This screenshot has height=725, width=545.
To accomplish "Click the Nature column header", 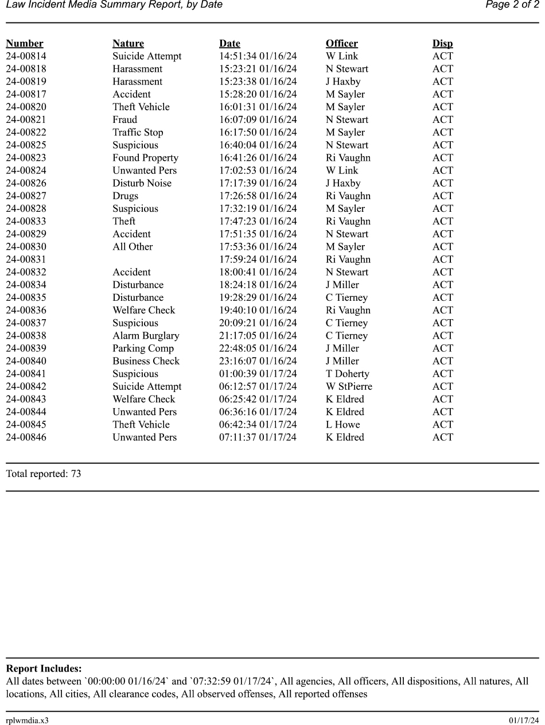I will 128,44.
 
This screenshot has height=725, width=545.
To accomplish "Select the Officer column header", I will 341,44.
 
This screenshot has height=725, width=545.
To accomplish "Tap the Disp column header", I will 442,44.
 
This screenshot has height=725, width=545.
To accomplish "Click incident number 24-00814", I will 26,56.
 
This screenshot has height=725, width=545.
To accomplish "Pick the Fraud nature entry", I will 124,120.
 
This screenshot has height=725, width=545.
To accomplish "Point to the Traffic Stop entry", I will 138,133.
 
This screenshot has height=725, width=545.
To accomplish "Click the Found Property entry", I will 145,158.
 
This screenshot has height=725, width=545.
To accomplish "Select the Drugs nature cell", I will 125,196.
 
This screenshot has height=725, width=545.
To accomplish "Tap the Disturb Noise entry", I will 142,183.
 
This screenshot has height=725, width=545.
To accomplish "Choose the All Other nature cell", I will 133,247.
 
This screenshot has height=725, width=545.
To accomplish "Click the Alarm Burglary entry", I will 146,336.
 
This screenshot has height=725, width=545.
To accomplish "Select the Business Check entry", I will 146,361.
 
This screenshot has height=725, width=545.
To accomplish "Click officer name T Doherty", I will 347,374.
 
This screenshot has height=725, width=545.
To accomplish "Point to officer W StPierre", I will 349,386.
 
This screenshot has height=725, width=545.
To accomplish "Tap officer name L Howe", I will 342,425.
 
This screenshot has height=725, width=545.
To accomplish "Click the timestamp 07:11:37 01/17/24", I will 258,437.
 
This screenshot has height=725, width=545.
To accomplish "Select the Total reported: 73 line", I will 43,474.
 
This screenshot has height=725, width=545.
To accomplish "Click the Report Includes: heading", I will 44,669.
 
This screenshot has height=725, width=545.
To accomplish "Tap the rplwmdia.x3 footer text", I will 27,720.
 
